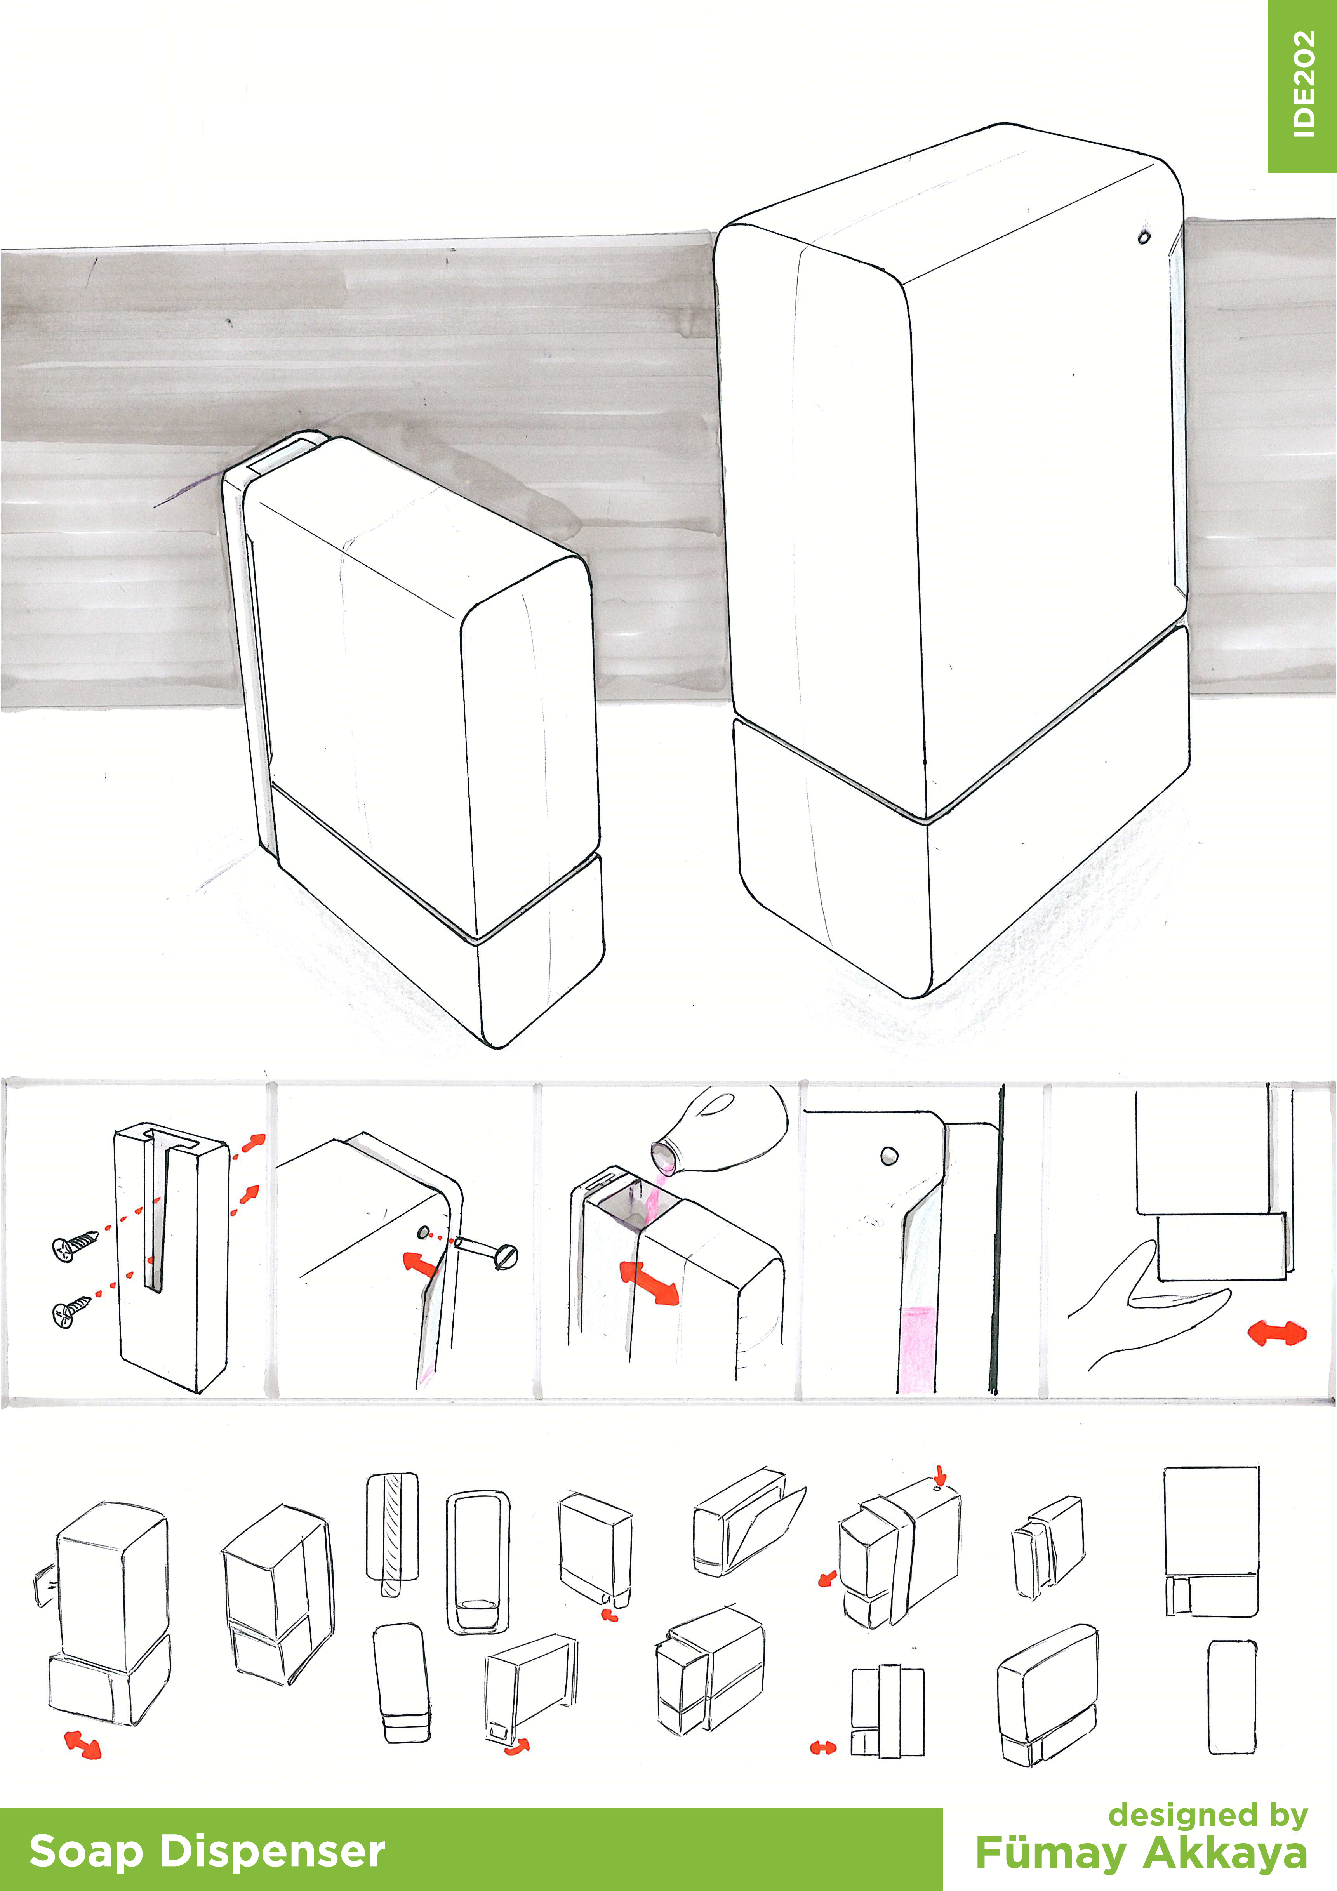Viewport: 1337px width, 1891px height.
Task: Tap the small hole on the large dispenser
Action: [1143, 237]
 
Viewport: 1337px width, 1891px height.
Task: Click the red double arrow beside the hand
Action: [1277, 1333]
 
